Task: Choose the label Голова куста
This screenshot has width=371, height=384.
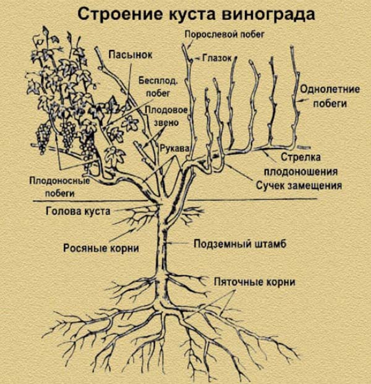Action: [78, 211]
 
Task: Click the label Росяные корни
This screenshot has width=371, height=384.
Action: [100, 248]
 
